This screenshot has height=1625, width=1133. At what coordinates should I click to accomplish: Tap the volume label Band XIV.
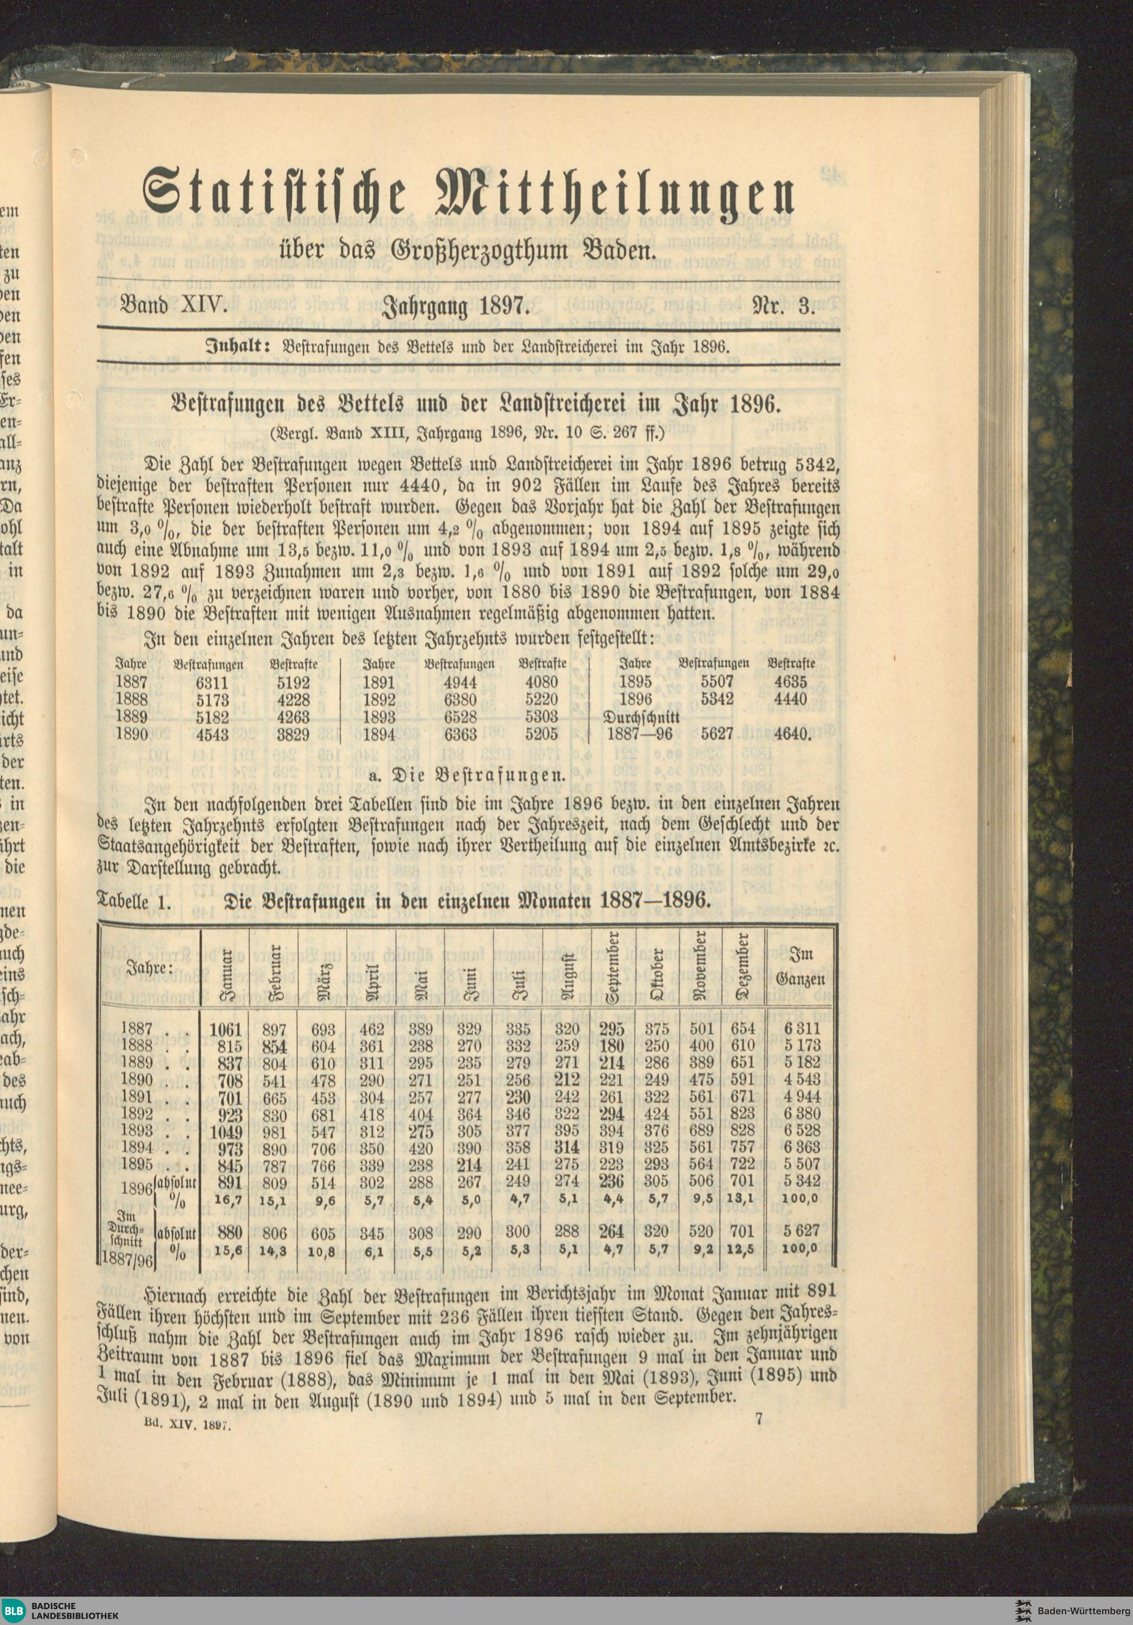(x=173, y=307)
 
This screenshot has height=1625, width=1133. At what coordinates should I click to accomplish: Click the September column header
(x=612, y=966)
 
